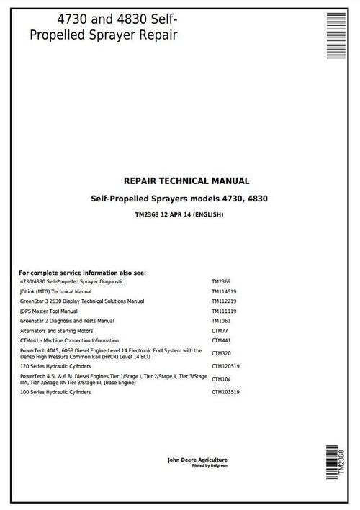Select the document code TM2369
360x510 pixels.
[x=222, y=282]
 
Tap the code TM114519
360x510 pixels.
[x=225, y=291]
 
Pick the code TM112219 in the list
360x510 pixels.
[x=225, y=301]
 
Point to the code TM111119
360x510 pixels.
[x=225, y=311]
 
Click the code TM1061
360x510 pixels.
[x=222, y=320]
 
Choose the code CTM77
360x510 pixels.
[x=220, y=330]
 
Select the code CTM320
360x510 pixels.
[x=221, y=353]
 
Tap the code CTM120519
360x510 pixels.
[x=226, y=365]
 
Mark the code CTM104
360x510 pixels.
[x=221, y=378]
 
